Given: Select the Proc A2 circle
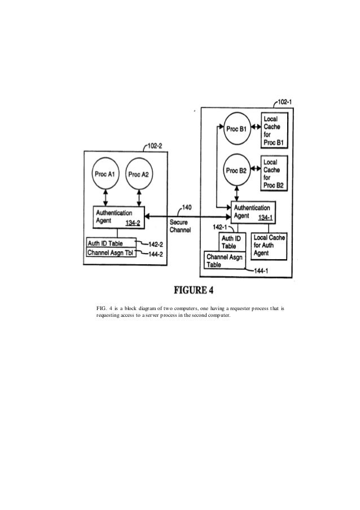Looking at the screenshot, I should [138, 174].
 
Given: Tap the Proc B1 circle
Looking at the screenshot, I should [236, 129].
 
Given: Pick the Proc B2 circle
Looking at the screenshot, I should [236, 170].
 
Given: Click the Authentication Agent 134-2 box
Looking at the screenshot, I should [117, 217].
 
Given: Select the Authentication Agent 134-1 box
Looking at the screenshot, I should [253, 212].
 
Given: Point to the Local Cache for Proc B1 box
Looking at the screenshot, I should [274, 129].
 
